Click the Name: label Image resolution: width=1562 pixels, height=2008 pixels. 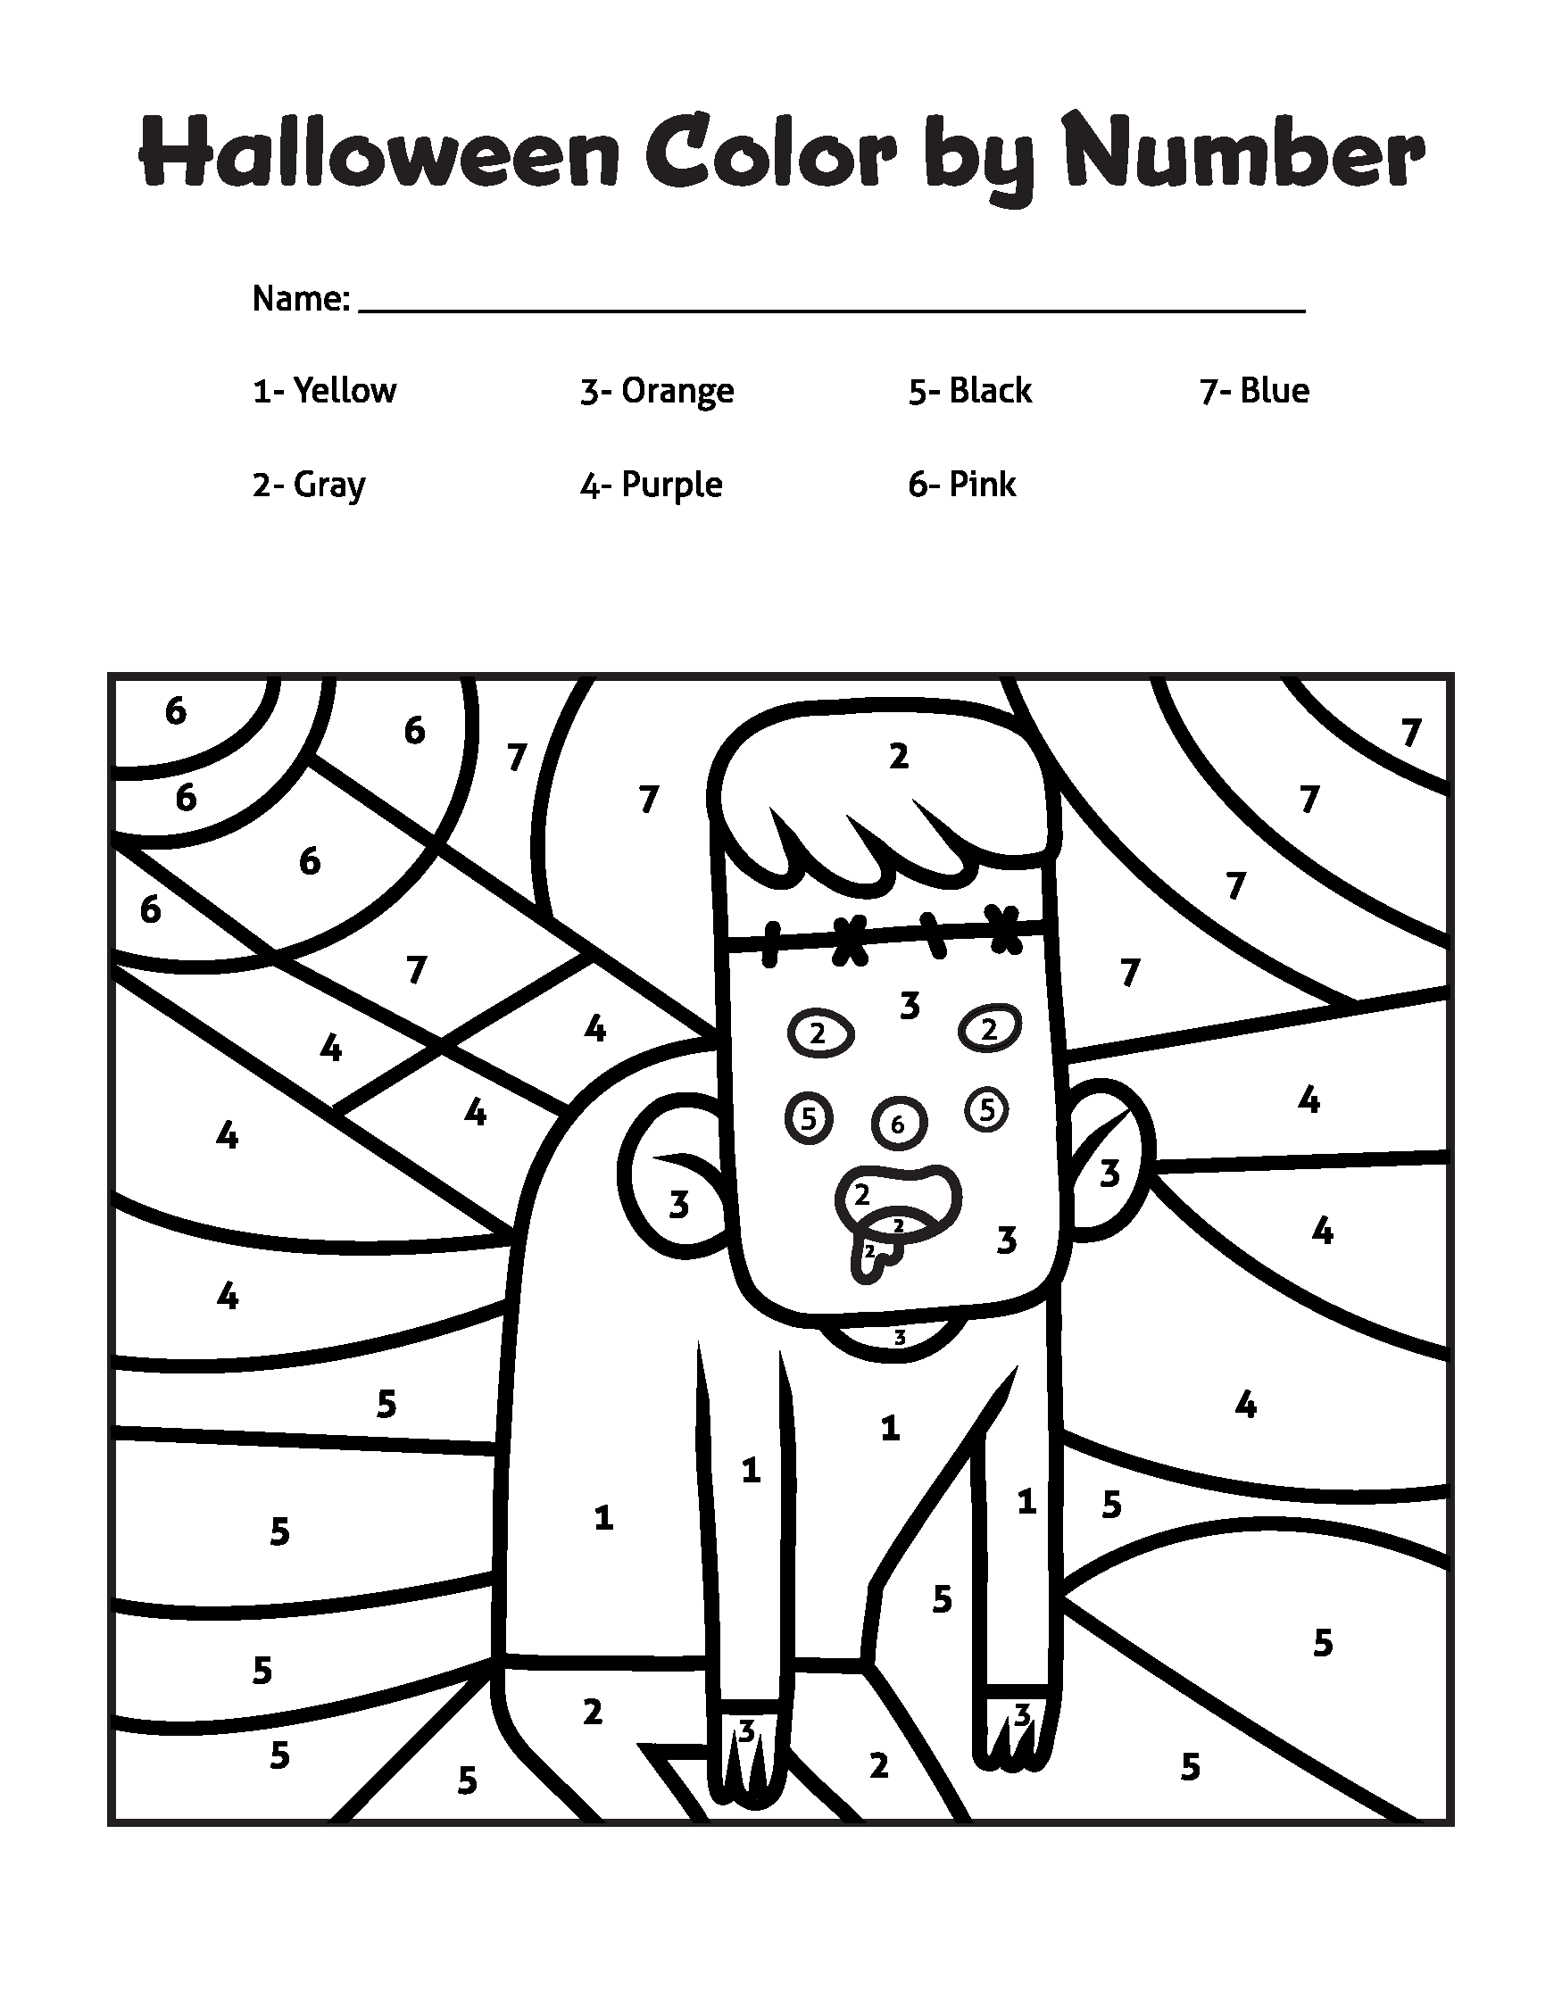(x=301, y=299)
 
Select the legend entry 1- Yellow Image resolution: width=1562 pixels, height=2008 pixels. (x=325, y=391)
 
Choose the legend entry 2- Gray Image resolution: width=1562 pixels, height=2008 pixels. (x=309, y=485)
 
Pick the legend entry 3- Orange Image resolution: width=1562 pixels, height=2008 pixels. (x=656, y=391)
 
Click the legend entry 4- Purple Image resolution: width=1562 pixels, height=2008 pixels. (x=651, y=485)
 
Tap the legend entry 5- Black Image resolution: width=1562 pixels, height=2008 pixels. (x=970, y=391)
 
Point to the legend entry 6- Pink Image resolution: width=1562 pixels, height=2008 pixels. (x=961, y=485)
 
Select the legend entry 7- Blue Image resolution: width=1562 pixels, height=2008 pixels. (x=1254, y=391)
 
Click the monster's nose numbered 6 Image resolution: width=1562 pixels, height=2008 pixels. (x=898, y=1123)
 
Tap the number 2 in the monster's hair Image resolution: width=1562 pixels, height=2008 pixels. (x=898, y=757)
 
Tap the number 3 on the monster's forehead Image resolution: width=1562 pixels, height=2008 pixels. (x=910, y=1006)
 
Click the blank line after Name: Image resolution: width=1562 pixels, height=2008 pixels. (x=831, y=303)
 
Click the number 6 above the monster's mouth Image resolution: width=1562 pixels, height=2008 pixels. (x=898, y=1124)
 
